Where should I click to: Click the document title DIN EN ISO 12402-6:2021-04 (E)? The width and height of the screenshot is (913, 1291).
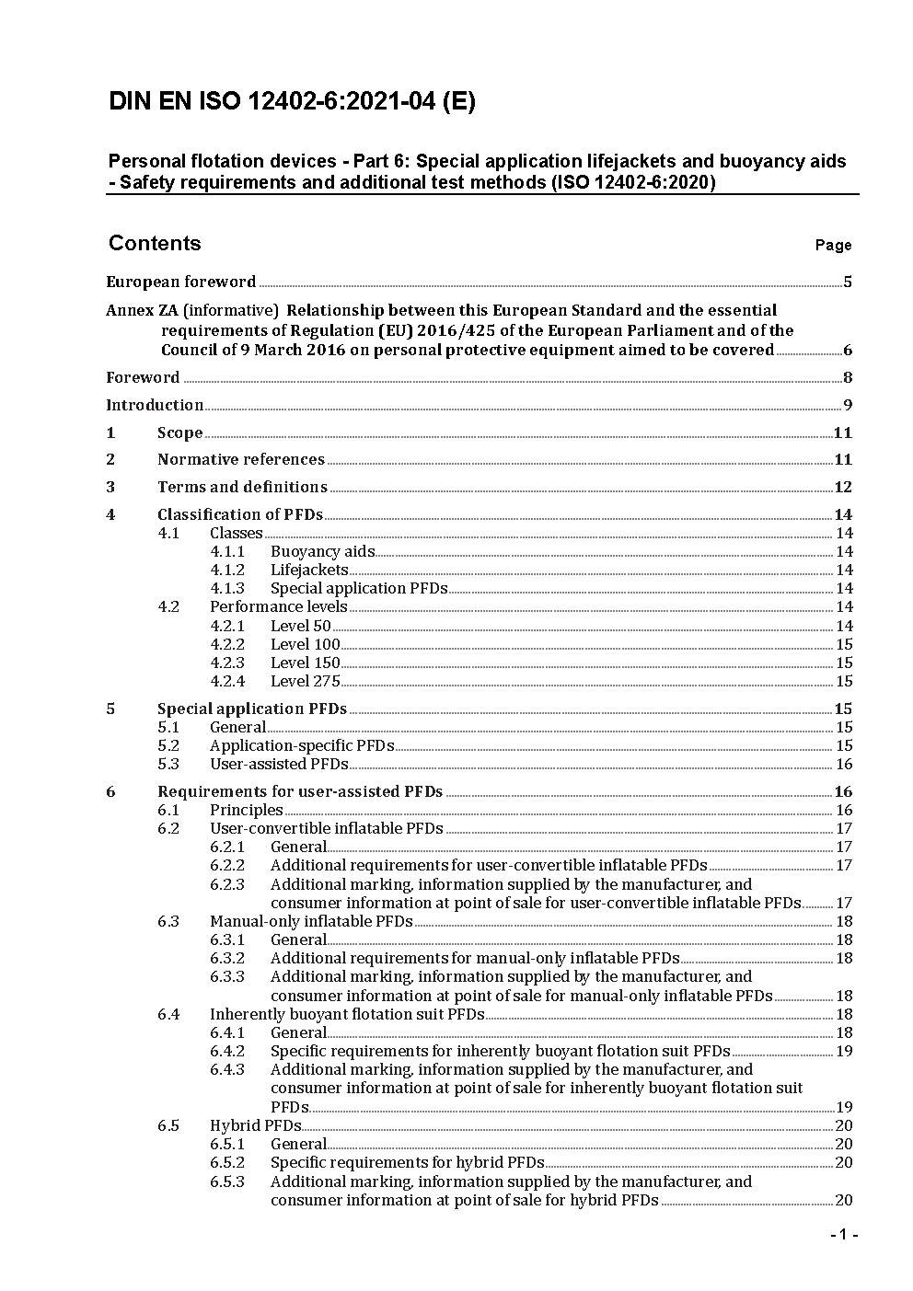coord(292,102)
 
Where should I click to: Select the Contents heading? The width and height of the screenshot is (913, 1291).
coord(155,243)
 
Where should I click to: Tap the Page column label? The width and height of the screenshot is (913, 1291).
coord(833,246)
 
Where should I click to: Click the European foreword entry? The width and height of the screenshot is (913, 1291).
coord(181,282)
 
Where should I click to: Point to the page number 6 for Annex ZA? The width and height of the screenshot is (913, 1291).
coord(848,351)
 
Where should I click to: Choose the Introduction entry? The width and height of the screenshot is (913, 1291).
coord(155,405)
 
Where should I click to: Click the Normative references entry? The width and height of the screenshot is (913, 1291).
coord(241,459)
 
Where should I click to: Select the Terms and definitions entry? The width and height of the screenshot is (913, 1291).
coord(242,487)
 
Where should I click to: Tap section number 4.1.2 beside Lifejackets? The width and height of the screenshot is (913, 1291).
coord(227,571)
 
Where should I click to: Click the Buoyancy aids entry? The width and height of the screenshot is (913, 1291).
coord(322,552)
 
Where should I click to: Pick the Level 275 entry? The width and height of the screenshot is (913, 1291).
coord(305,682)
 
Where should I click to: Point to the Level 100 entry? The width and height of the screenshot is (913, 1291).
coord(305,645)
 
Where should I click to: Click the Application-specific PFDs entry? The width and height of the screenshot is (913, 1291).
coord(302,746)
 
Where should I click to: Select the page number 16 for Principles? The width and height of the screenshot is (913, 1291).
coord(844,811)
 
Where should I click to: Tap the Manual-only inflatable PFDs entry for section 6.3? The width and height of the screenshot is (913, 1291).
coord(311,922)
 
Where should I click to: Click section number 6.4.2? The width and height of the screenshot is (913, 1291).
coord(227,1051)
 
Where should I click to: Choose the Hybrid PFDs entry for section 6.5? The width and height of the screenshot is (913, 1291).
coord(255,1125)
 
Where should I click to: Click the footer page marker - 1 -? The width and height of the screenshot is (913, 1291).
coord(843,1235)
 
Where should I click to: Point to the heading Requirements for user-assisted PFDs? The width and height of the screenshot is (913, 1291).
coord(300,791)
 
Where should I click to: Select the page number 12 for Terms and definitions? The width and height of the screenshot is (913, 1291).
coord(843,488)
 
